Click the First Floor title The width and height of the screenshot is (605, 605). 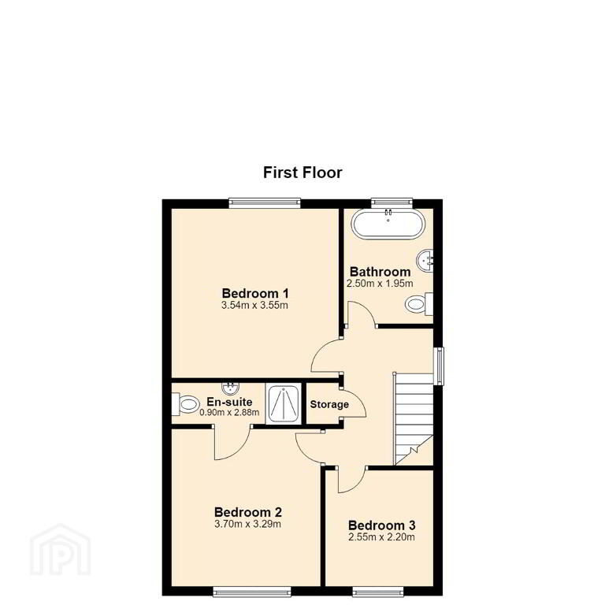pyautogui.click(x=302, y=173)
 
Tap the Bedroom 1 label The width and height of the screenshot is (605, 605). pyautogui.click(x=255, y=293)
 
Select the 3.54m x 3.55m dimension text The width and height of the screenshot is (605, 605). pyautogui.click(x=254, y=306)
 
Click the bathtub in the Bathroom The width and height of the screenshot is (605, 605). pyautogui.click(x=388, y=224)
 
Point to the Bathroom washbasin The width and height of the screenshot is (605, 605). pyautogui.click(x=425, y=261)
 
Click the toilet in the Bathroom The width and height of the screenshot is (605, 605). pyautogui.click(x=419, y=304)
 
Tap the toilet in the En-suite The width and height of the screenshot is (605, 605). pyautogui.click(x=186, y=404)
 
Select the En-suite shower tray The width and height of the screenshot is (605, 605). pyautogui.click(x=284, y=404)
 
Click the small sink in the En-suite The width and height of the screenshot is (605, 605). pyautogui.click(x=231, y=388)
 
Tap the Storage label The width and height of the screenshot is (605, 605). pyautogui.click(x=329, y=404)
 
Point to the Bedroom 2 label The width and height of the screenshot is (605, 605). pyautogui.click(x=248, y=512)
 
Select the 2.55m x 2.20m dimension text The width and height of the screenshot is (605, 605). pyautogui.click(x=381, y=537)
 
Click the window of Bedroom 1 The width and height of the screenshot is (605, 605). pyautogui.click(x=265, y=203)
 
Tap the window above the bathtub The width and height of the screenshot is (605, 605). pyautogui.click(x=392, y=202)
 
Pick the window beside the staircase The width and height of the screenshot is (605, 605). pyautogui.click(x=439, y=366)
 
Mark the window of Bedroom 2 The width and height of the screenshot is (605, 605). pyautogui.click(x=252, y=592)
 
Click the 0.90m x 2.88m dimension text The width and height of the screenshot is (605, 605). pyautogui.click(x=229, y=413)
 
